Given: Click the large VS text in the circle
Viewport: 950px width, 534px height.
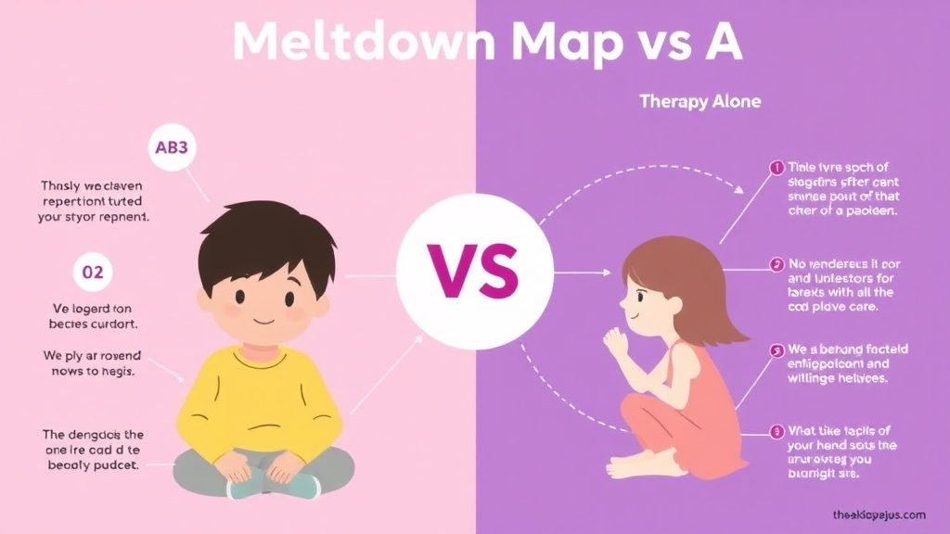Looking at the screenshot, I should point(474,270).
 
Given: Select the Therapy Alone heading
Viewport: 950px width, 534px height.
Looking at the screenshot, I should point(700,101).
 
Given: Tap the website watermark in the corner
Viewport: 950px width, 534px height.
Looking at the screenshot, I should point(879,514).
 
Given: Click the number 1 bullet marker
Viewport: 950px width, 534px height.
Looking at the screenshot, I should point(777,168).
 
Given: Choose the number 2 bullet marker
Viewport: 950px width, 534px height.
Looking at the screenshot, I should point(777,264).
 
